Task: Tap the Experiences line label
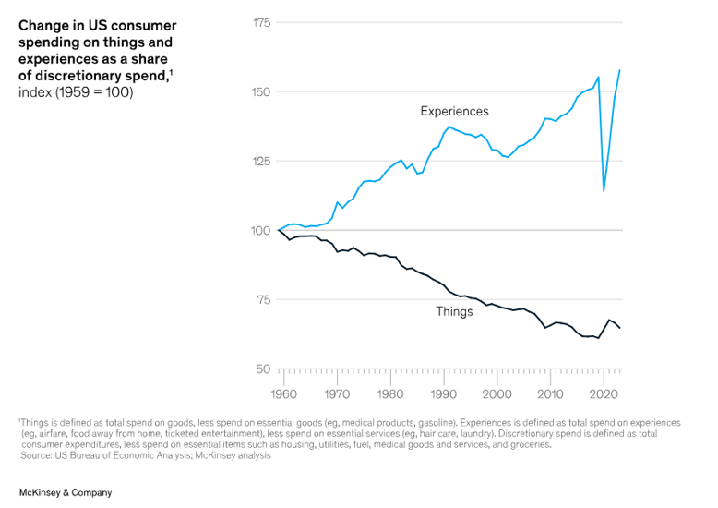pyautogui.click(x=454, y=111)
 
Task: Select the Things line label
pyautogui.click(x=454, y=311)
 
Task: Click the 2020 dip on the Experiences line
pyautogui.click(x=604, y=191)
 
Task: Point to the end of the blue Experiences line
pyautogui.click(x=619, y=70)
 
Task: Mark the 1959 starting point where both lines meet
pyautogui.click(x=278, y=230)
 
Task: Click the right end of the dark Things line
pyautogui.click(x=619, y=328)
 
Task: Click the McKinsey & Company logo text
pyautogui.click(x=65, y=492)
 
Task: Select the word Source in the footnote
pyautogui.click(x=36, y=455)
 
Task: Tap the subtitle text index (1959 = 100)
pyautogui.click(x=76, y=92)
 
